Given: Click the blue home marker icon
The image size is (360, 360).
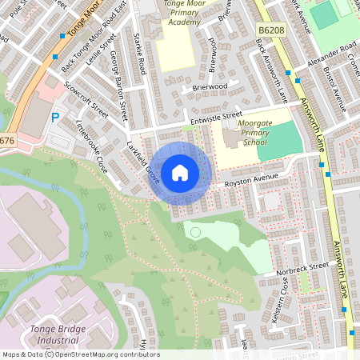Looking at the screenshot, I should pyautogui.click(x=180, y=172).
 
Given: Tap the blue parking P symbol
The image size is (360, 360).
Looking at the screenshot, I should pyautogui.click(x=55, y=118).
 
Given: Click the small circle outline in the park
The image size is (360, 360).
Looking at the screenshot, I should pyautogui.click(x=195, y=232).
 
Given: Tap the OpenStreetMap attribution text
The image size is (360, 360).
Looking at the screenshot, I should pyautogui.click(x=80, y=354).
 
